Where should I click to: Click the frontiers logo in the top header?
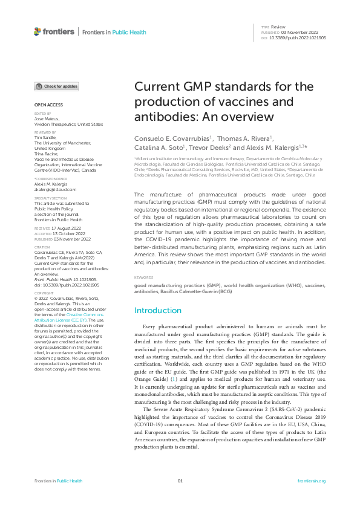[54, 31]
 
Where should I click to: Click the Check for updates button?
[56, 86]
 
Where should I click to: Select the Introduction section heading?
[158, 310]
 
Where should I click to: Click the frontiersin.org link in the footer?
[312, 481]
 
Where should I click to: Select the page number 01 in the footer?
[180, 481]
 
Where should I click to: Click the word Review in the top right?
[278, 27]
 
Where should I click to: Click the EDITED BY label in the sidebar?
[42, 113]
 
